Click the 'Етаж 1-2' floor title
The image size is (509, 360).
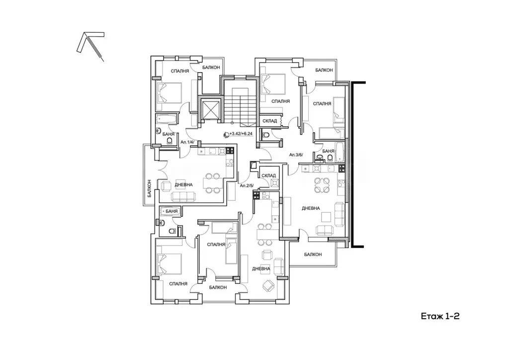pyautogui.click(x=440, y=316)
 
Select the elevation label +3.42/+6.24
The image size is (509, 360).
pyautogui.click(x=241, y=133)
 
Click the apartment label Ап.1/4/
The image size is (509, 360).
pyautogui.click(x=187, y=142)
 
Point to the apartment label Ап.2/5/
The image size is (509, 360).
pyautogui.click(x=247, y=185)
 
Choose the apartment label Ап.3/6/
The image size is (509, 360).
pyautogui.click(x=296, y=155)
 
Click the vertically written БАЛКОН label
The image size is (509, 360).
pyautogui.click(x=149, y=188)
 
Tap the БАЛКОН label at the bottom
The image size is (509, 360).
pyautogui.click(x=218, y=287)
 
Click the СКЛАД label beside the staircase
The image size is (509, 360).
pyautogui.click(x=269, y=121)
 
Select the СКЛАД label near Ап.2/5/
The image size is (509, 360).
pyautogui.click(x=268, y=176)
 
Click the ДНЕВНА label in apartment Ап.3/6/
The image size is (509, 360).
pyautogui.click(x=311, y=208)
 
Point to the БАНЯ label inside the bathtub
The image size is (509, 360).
pyautogui.click(x=171, y=211)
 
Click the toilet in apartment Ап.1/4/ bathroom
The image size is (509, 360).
pyautogui.click(x=169, y=141)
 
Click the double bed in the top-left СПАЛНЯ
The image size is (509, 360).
pyautogui.click(x=169, y=92)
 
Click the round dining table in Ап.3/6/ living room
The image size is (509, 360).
pyautogui.click(x=322, y=185)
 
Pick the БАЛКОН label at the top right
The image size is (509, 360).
pyautogui.click(x=324, y=70)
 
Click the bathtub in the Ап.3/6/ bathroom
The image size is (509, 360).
pyautogui.click(x=339, y=152)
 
